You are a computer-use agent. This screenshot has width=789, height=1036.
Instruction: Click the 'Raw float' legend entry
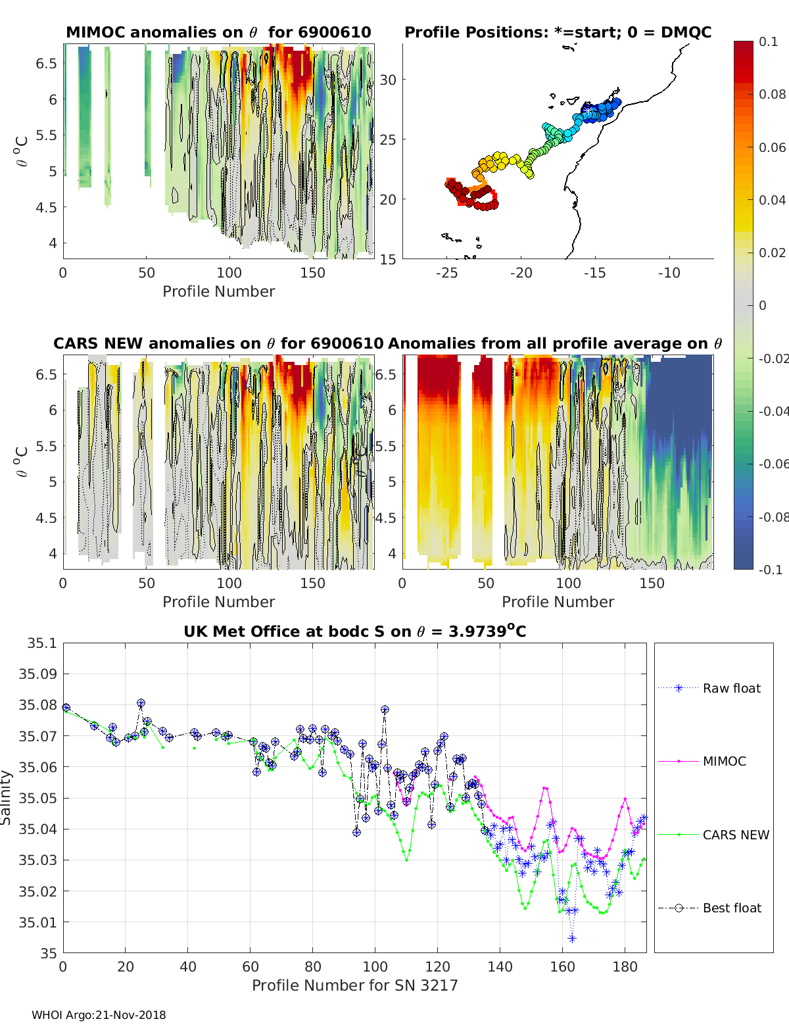[x=709, y=688]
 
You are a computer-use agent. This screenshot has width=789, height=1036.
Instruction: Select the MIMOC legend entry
[x=702, y=761]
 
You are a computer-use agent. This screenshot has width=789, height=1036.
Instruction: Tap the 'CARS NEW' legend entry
[x=713, y=835]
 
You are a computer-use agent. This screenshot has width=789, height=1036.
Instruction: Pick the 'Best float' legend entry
[x=709, y=908]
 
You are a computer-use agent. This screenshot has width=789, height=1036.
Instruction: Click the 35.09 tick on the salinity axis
[x=37, y=674]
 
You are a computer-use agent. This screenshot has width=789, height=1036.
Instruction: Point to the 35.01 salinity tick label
[x=37, y=922]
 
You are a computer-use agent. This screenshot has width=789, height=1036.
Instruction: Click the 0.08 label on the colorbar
[x=772, y=95]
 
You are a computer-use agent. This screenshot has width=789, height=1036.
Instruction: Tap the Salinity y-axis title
[x=6, y=798]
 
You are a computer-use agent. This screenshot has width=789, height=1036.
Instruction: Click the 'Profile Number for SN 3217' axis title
[x=354, y=985]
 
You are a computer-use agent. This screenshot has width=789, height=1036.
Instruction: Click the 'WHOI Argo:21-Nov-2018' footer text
[x=99, y=1015]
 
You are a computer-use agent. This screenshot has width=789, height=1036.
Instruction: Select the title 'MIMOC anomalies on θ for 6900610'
[x=218, y=32]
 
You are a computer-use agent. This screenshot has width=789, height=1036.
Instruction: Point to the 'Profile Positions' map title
[x=558, y=32]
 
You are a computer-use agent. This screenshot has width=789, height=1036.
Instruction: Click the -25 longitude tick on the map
[x=446, y=273]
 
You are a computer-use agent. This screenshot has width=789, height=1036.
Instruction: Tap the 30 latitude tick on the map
[x=388, y=80]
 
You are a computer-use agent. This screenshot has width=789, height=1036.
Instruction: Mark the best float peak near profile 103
[x=385, y=709]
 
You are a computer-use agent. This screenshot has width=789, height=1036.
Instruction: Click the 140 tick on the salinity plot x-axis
[x=500, y=967]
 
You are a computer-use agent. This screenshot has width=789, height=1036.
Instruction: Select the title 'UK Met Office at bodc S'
[x=354, y=631]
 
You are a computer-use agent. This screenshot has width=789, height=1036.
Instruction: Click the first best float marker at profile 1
[x=66, y=708]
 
